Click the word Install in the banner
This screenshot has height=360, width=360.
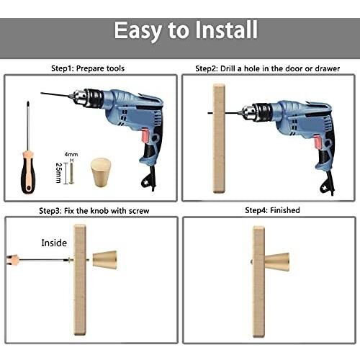[x=226, y=30]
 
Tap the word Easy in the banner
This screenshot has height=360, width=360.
[x=138, y=31]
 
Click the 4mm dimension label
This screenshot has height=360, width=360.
[x=71, y=154]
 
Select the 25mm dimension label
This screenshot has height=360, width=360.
[x=58, y=173]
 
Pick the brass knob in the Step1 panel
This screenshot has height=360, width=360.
[x=101, y=172]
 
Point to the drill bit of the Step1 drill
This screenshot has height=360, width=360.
[x=56, y=95]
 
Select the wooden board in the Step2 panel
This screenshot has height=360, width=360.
[x=220, y=139]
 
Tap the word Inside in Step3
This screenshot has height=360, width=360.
[x=54, y=243]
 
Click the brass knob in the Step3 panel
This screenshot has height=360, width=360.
[x=105, y=260]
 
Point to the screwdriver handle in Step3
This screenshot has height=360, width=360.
[x=13, y=260]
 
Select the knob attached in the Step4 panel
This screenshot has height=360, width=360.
[x=276, y=262]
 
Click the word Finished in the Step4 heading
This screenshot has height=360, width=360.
[x=285, y=210]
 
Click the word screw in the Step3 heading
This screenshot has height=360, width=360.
[x=139, y=211]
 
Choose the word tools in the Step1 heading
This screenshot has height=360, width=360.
[x=115, y=68]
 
